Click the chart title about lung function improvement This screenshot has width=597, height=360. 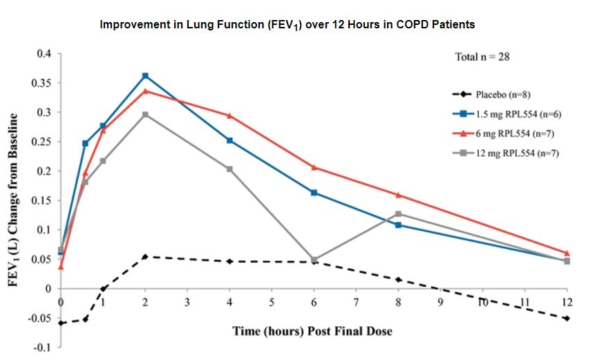pyautogui.click(x=287, y=24)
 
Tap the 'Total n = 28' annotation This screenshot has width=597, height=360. pyautogui.click(x=482, y=57)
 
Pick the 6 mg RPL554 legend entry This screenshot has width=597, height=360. pyautogui.click(x=503, y=133)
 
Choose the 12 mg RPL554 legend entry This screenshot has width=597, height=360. pyautogui.click(x=505, y=152)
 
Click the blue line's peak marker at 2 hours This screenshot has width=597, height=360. pyautogui.click(x=145, y=75)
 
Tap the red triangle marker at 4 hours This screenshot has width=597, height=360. pyautogui.click(x=229, y=115)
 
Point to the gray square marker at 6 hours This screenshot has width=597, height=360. pyautogui.click(x=314, y=260)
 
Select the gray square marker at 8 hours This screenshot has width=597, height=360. pyautogui.click(x=399, y=214)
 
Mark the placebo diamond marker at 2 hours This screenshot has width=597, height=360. pyautogui.click(x=145, y=256)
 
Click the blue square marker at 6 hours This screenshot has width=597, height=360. pyautogui.click(x=314, y=192)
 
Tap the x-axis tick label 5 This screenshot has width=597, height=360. pyautogui.click(x=272, y=303)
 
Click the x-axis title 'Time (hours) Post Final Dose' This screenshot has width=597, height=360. pyautogui.click(x=312, y=331)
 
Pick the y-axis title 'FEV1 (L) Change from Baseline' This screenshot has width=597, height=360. pyautogui.click(x=13, y=200)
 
